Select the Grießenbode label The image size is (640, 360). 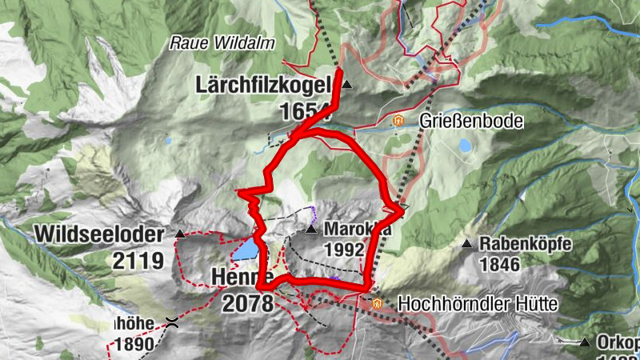(x=471, y=122)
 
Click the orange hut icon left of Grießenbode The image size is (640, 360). (x=398, y=121)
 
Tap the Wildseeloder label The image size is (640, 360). (x=99, y=235)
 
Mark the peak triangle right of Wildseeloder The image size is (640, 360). (x=180, y=234)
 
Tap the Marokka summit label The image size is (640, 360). (x=358, y=230)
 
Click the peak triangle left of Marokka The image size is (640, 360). (x=311, y=230)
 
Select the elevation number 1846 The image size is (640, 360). (x=500, y=265)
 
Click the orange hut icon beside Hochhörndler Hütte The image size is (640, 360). (x=378, y=304)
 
